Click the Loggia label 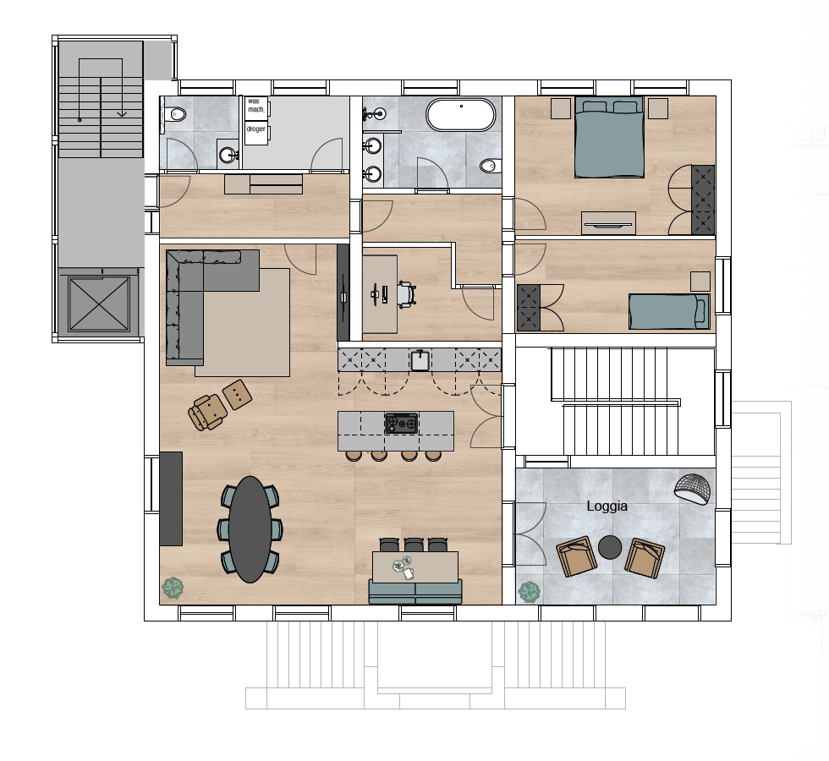(x=607, y=506)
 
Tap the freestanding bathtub (x=461, y=115)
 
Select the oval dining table (x=250, y=529)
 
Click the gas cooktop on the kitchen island (x=401, y=423)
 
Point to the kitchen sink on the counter (x=420, y=360)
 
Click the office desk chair (x=405, y=294)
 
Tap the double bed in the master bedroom (x=609, y=137)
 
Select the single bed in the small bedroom (x=669, y=311)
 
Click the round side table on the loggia (x=610, y=547)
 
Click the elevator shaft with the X (x=99, y=304)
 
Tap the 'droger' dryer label (x=255, y=129)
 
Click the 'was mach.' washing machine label (x=255, y=105)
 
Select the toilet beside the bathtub (x=490, y=166)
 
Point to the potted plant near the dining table (x=173, y=588)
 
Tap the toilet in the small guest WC (x=175, y=114)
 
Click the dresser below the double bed (x=608, y=222)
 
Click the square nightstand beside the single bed (x=700, y=281)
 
